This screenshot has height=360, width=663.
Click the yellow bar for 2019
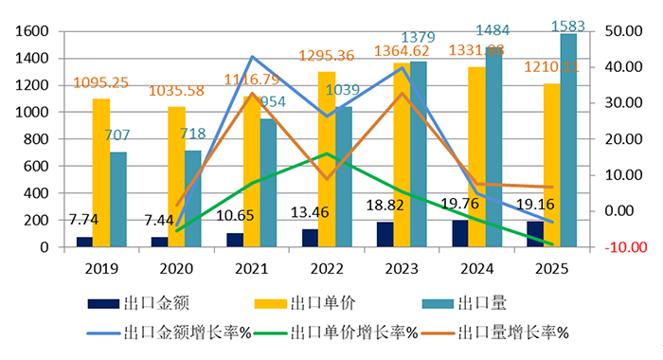point(101,172)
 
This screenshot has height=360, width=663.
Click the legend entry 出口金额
point(152,304)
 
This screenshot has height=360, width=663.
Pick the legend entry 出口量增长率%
point(511,333)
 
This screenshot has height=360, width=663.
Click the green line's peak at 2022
point(327,153)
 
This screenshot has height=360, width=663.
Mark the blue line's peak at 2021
point(251,57)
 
